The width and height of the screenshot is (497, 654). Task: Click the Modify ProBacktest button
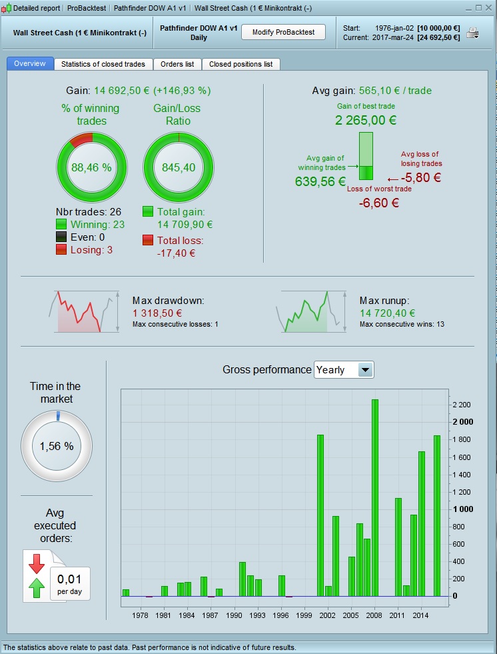pyautogui.click(x=282, y=33)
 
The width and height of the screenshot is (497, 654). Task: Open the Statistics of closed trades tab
pyautogui.click(x=103, y=64)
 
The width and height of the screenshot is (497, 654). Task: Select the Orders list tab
pyautogui.click(x=177, y=64)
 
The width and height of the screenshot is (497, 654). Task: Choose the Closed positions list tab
pyautogui.click(x=241, y=64)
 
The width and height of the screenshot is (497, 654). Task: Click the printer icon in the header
pyautogui.click(x=472, y=33)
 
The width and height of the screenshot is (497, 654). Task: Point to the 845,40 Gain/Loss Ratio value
pyautogui.click(x=179, y=167)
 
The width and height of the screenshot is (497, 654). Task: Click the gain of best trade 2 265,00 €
pyautogui.click(x=366, y=121)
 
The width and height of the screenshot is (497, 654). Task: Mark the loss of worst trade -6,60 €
pyautogui.click(x=378, y=203)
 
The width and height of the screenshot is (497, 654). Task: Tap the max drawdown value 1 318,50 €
pyautogui.click(x=157, y=313)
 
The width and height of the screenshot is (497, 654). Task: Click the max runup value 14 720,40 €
pyautogui.click(x=387, y=313)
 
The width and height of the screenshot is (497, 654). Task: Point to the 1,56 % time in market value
pyautogui.click(x=55, y=446)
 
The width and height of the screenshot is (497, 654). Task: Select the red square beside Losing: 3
pyautogui.click(x=61, y=249)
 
